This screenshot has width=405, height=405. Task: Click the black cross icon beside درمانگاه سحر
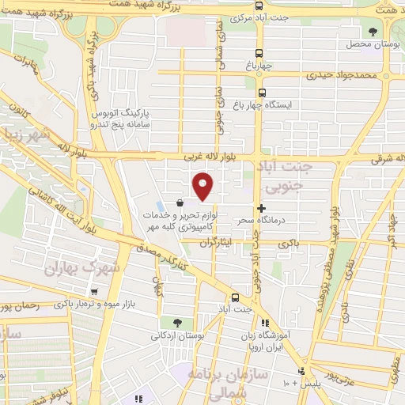tap(262, 207)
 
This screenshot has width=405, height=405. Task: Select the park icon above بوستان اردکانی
tap(176, 323)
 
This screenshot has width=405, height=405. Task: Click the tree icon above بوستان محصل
tap(373, 31)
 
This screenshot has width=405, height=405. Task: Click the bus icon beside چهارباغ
tap(238, 104)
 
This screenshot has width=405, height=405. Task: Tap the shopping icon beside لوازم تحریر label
tap(180, 203)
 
